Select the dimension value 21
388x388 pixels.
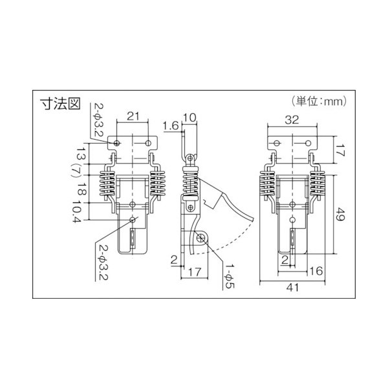[x=133, y=116]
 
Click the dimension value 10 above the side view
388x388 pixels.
[x=189, y=117]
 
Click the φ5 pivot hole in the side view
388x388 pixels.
[x=202, y=239]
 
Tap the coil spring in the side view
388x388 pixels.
[x=191, y=183]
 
